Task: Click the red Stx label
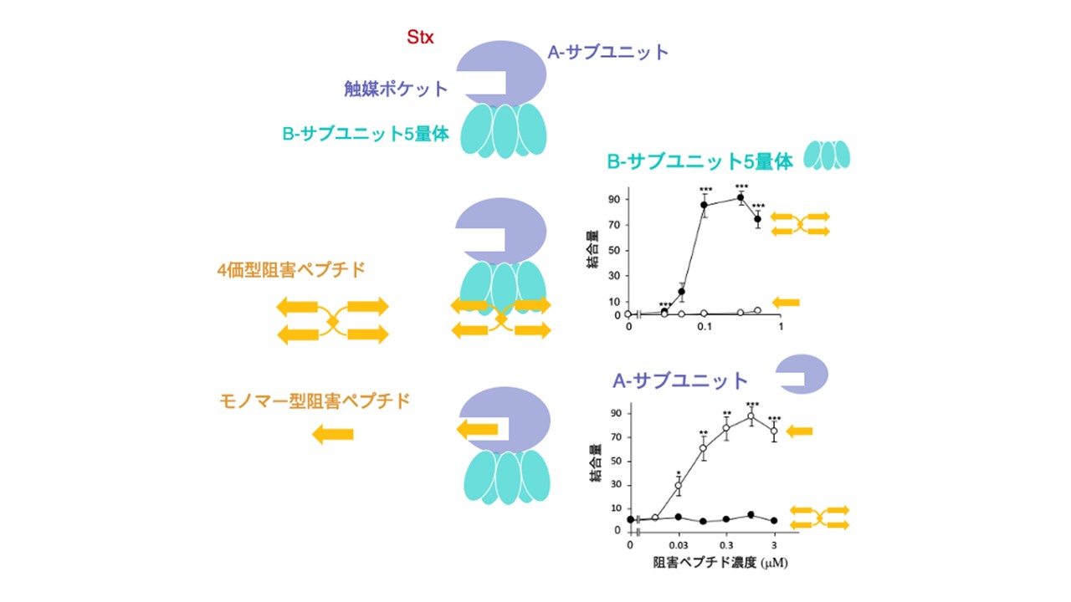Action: coord(420,38)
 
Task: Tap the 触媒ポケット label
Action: coord(396,89)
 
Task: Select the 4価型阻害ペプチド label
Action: coord(291,270)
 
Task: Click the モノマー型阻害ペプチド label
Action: coord(315,400)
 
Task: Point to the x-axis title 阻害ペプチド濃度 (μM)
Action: coord(720,563)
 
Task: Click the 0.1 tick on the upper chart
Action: coord(705,327)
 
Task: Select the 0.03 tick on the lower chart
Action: coord(679,546)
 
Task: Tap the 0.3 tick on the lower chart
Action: coord(726,546)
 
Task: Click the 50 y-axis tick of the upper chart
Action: coord(614,250)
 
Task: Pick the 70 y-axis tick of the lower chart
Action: coord(617,437)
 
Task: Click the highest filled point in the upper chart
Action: coord(740,198)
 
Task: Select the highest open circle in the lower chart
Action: coord(751,416)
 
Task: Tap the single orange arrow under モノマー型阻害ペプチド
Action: coord(333,434)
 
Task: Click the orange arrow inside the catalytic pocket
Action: coord(477,429)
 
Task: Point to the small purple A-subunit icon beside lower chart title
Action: coord(802,374)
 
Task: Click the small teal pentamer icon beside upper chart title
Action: coord(827,155)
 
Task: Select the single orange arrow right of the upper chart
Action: coord(786,302)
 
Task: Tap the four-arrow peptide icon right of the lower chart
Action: coord(819,518)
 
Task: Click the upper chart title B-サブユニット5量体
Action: coord(700,162)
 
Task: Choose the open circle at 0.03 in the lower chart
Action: coord(679,486)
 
